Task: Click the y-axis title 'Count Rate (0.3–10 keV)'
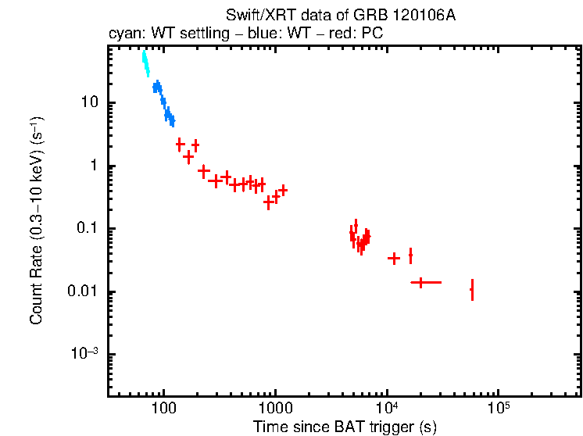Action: tap(37, 221)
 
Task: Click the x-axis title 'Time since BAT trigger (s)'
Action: tap(344, 427)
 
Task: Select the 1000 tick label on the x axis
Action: tap(275, 409)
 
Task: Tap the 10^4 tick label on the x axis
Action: tap(387, 407)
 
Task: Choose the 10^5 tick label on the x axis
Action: tap(499, 407)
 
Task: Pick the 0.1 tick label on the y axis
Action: tap(88, 229)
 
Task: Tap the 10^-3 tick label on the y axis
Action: tap(86, 353)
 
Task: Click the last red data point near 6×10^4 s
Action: tap(472, 290)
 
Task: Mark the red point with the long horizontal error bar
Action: tap(422, 282)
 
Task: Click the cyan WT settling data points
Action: tap(145, 64)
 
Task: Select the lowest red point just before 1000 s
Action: tap(268, 202)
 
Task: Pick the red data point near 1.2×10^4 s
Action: tap(394, 258)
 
